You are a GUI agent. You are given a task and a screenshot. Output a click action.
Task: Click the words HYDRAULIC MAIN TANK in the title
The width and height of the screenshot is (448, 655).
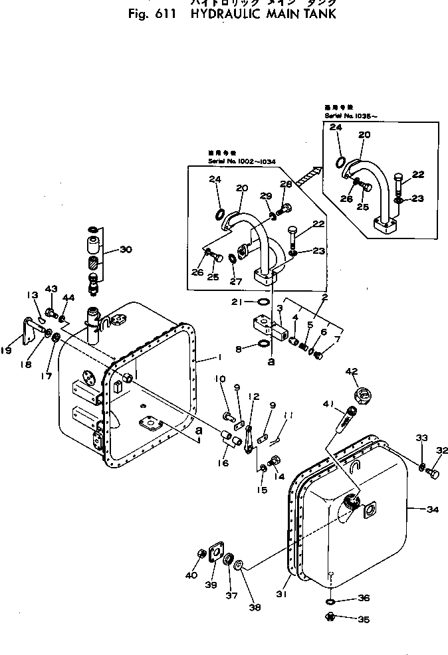point(263,15)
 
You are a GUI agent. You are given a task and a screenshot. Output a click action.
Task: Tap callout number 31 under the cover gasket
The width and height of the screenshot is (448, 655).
point(282,594)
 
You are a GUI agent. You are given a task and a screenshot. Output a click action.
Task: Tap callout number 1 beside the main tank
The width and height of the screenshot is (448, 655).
point(217,357)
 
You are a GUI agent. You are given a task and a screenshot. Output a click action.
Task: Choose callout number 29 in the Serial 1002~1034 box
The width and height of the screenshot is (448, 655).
point(266,197)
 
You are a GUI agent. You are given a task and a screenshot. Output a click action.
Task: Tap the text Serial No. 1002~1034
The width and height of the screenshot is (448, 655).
point(243,161)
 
